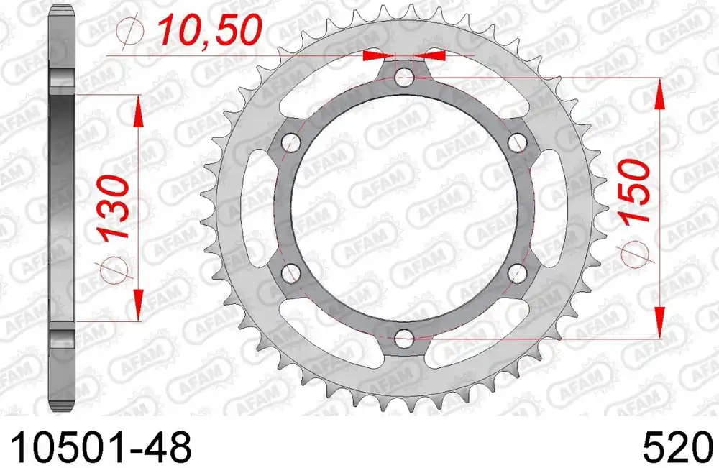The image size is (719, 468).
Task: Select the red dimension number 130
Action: tap(114, 208)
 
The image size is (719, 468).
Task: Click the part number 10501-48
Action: tap(96, 448)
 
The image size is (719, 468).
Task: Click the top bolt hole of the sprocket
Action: tap(403, 75)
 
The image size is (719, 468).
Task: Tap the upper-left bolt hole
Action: tap(290, 142)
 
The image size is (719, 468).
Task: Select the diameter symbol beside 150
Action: tap(636, 251)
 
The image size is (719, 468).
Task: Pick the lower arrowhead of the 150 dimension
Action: tap(658, 322)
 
